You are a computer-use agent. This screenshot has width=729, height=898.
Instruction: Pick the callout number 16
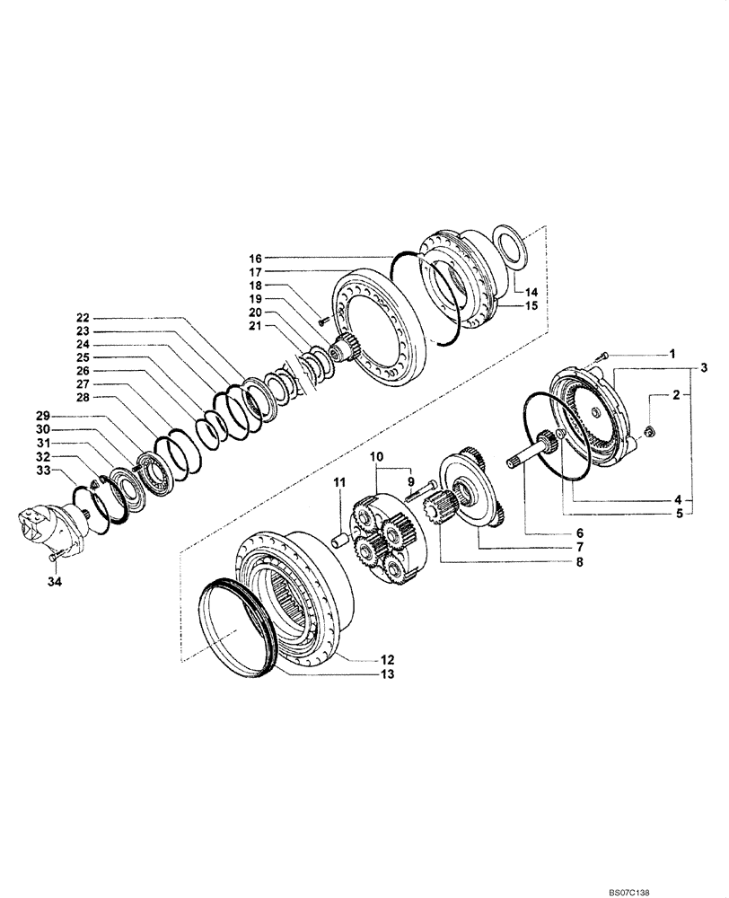pyautogui.click(x=255, y=257)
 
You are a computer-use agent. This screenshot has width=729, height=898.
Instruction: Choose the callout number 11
pyautogui.click(x=340, y=484)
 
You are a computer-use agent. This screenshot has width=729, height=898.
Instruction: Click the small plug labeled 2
pyautogui.click(x=651, y=436)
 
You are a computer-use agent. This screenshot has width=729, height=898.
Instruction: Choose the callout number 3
pyautogui.click(x=706, y=368)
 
